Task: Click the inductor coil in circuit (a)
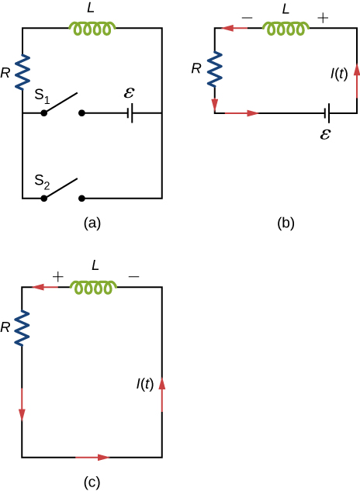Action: [93, 28]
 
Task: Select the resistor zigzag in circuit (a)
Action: [22, 72]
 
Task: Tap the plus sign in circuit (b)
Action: [324, 15]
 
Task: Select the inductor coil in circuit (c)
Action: [93, 288]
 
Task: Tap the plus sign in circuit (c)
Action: [56, 275]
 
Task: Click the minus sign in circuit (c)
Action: [133, 275]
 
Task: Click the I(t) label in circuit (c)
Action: [145, 383]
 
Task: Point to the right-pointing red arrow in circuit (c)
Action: [93, 458]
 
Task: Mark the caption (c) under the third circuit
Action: [92, 482]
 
